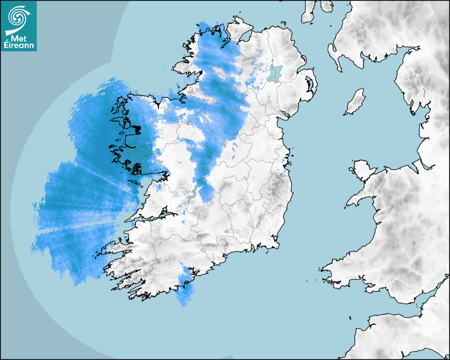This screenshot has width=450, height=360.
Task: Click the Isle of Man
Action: point(355,102)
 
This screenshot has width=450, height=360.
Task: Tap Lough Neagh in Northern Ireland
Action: point(275,73)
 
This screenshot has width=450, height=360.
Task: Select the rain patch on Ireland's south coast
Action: point(184,286)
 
